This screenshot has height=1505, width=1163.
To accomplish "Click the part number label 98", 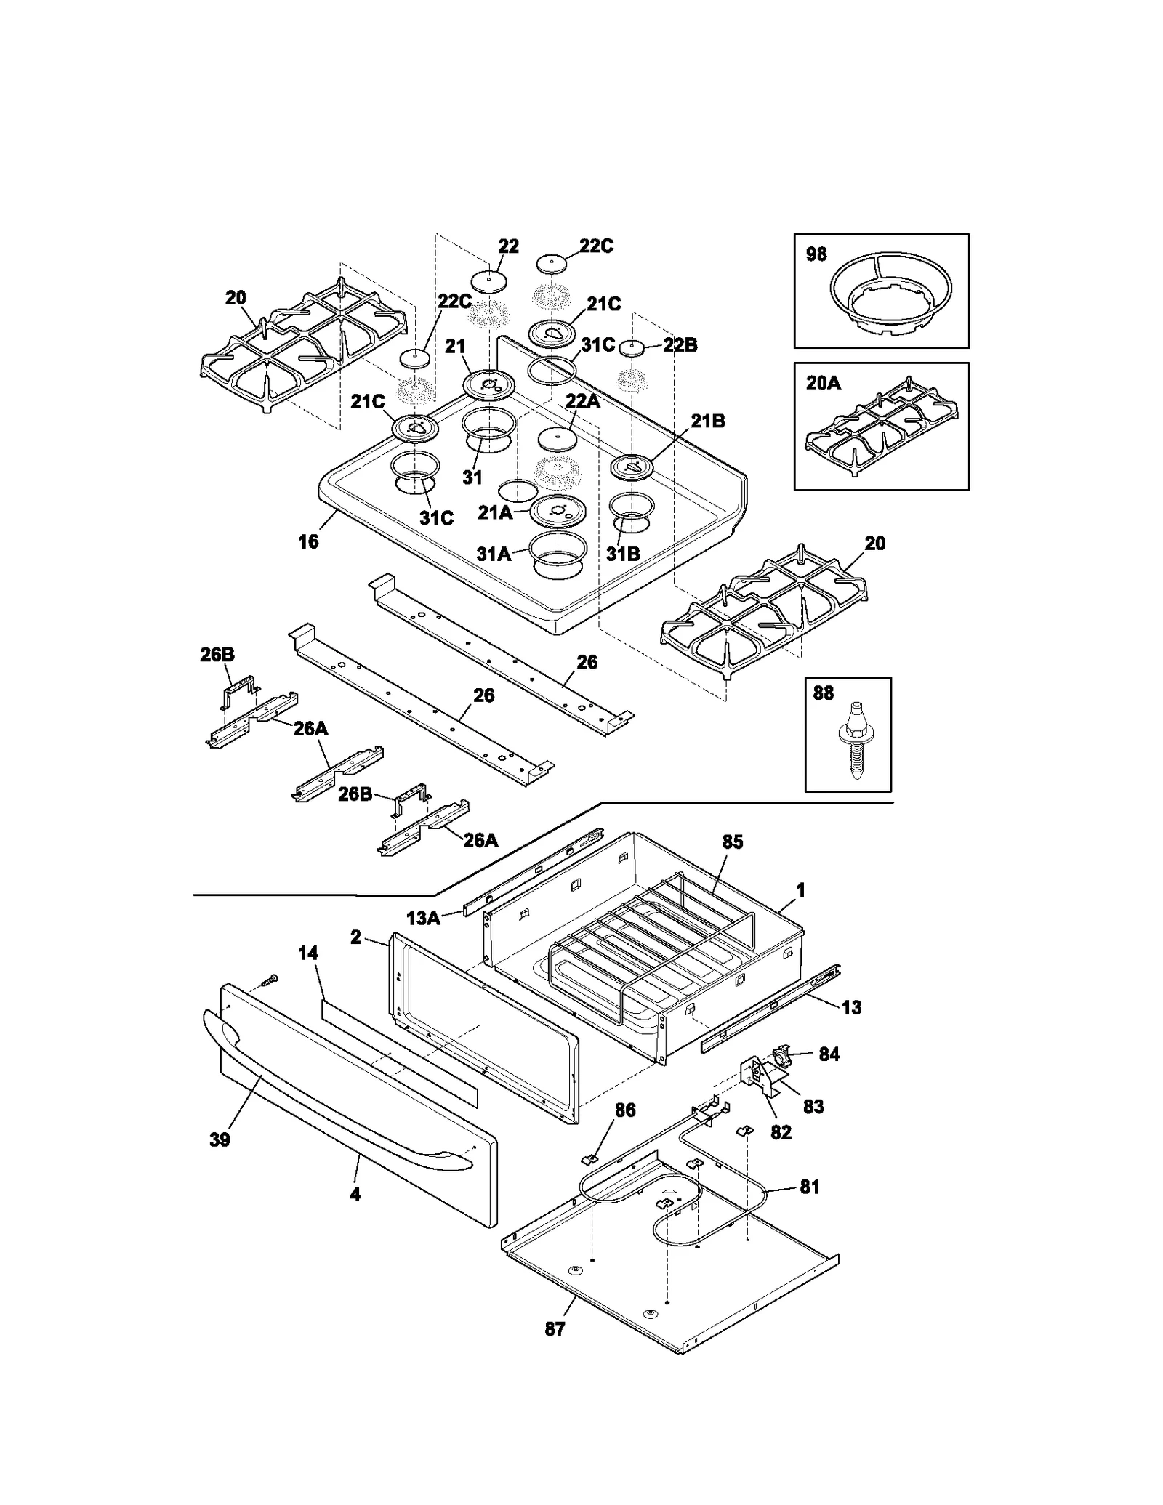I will tap(816, 254).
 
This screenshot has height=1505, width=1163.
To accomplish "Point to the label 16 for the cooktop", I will tap(309, 541).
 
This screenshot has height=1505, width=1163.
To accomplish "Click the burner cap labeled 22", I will tap(488, 281).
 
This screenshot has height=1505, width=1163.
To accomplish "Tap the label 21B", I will tap(707, 421).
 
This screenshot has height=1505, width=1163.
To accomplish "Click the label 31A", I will tap(494, 554).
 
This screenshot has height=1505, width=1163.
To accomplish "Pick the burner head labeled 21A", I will tap(558, 512).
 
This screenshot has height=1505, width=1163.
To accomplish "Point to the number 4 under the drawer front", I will tap(355, 1194).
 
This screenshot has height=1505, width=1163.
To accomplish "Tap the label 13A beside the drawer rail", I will tap(423, 918).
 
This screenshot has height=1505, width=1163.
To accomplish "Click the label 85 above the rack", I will tap(733, 842).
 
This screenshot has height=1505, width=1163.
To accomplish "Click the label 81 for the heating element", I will tap(810, 1187).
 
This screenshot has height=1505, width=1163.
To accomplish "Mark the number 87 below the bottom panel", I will tap(555, 1329).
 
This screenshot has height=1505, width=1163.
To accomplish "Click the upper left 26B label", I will tap(217, 655).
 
